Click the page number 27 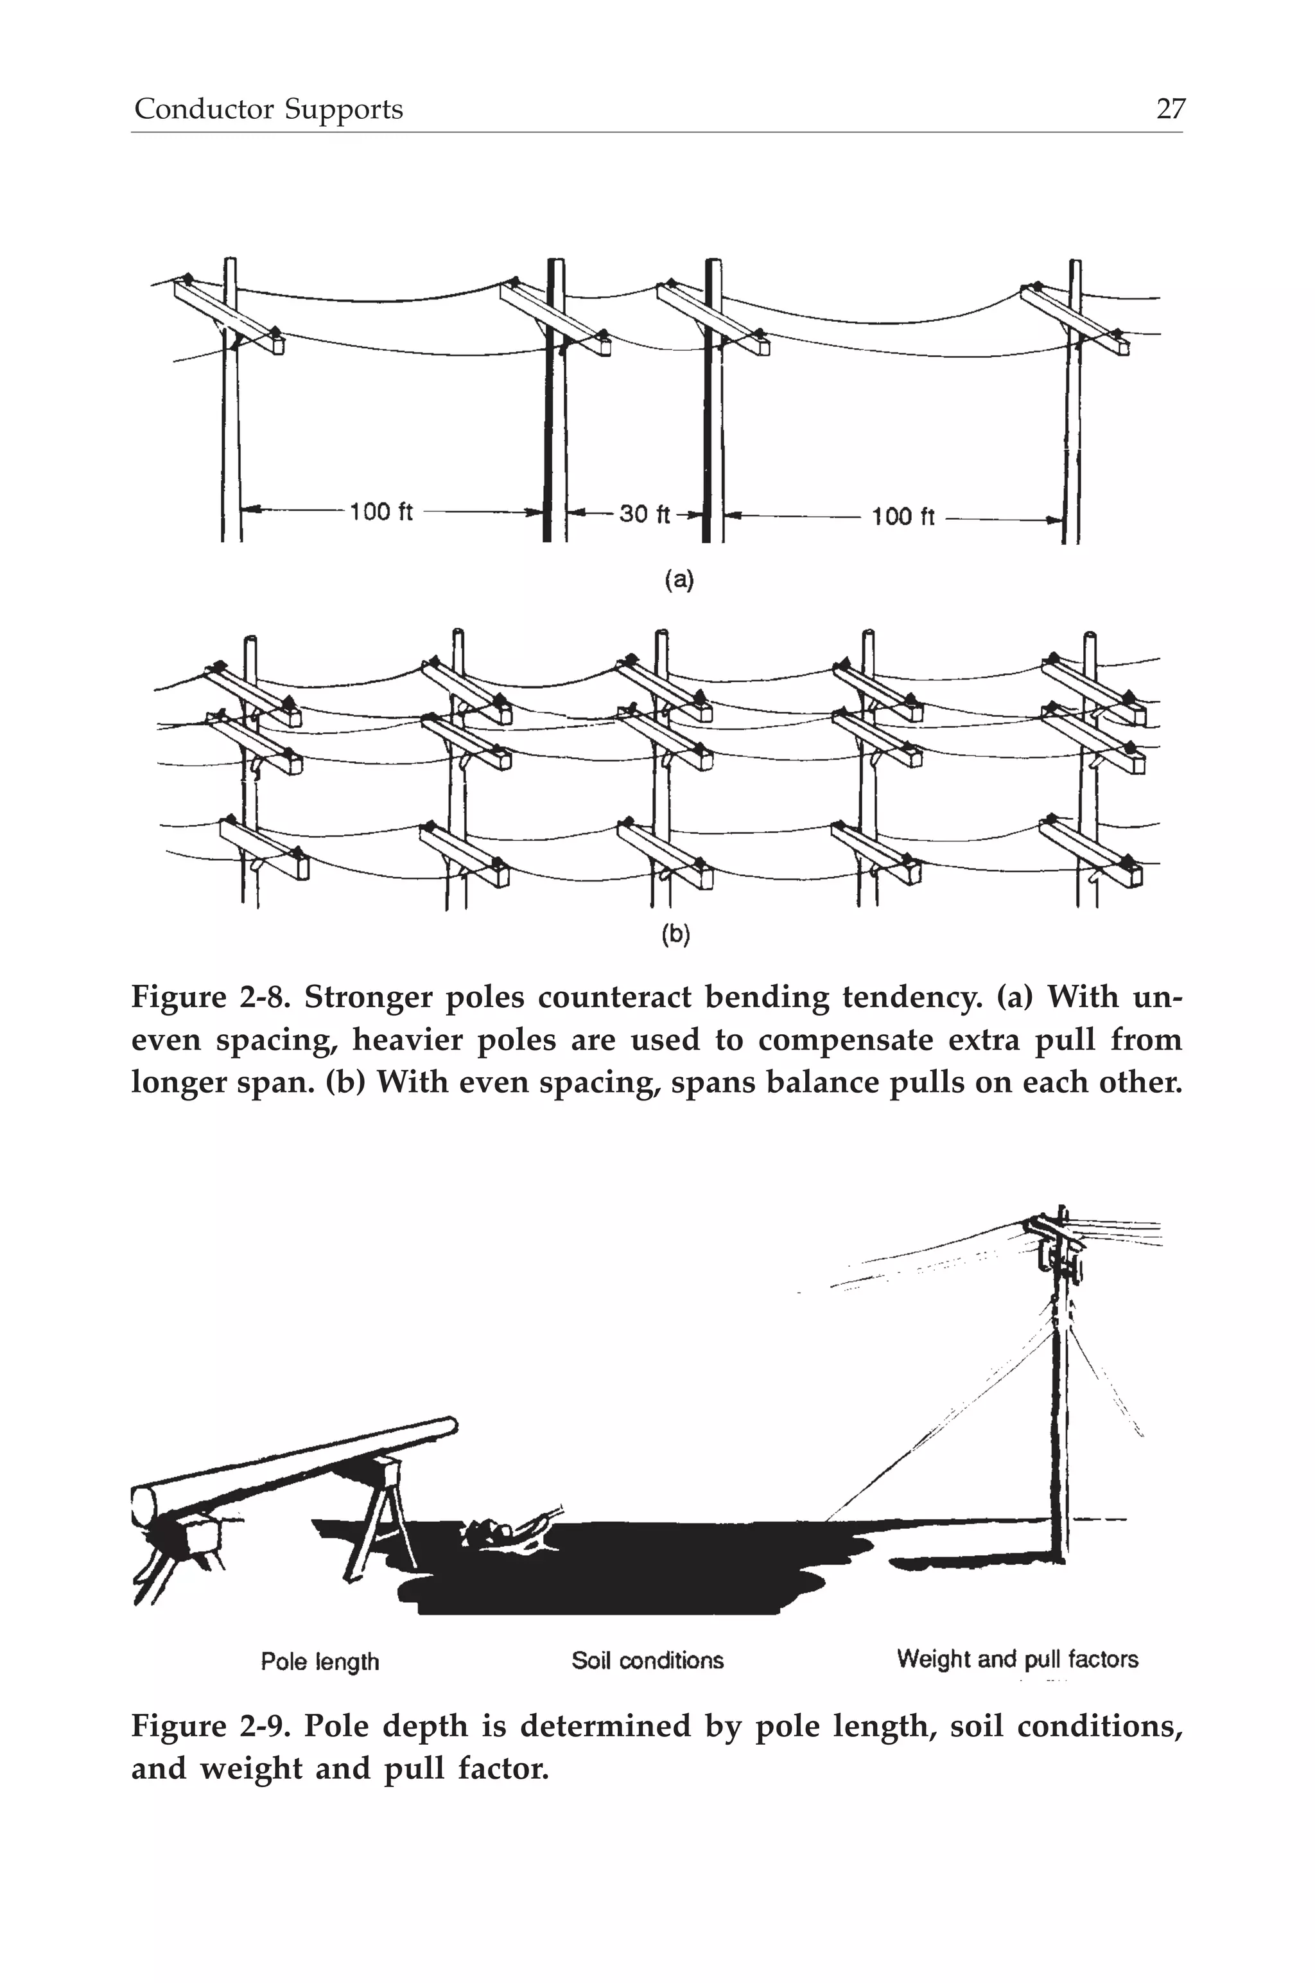[x=1171, y=109]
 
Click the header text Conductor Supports [x=268, y=109]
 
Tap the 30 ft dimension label [x=645, y=513]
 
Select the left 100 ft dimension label [x=381, y=512]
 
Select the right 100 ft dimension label [x=902, y=516]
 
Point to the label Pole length [x=320, y=1661]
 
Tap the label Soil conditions [x=647, y=1660]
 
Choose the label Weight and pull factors [x=1017, y=1659]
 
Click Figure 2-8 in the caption [x=210, y=998]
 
